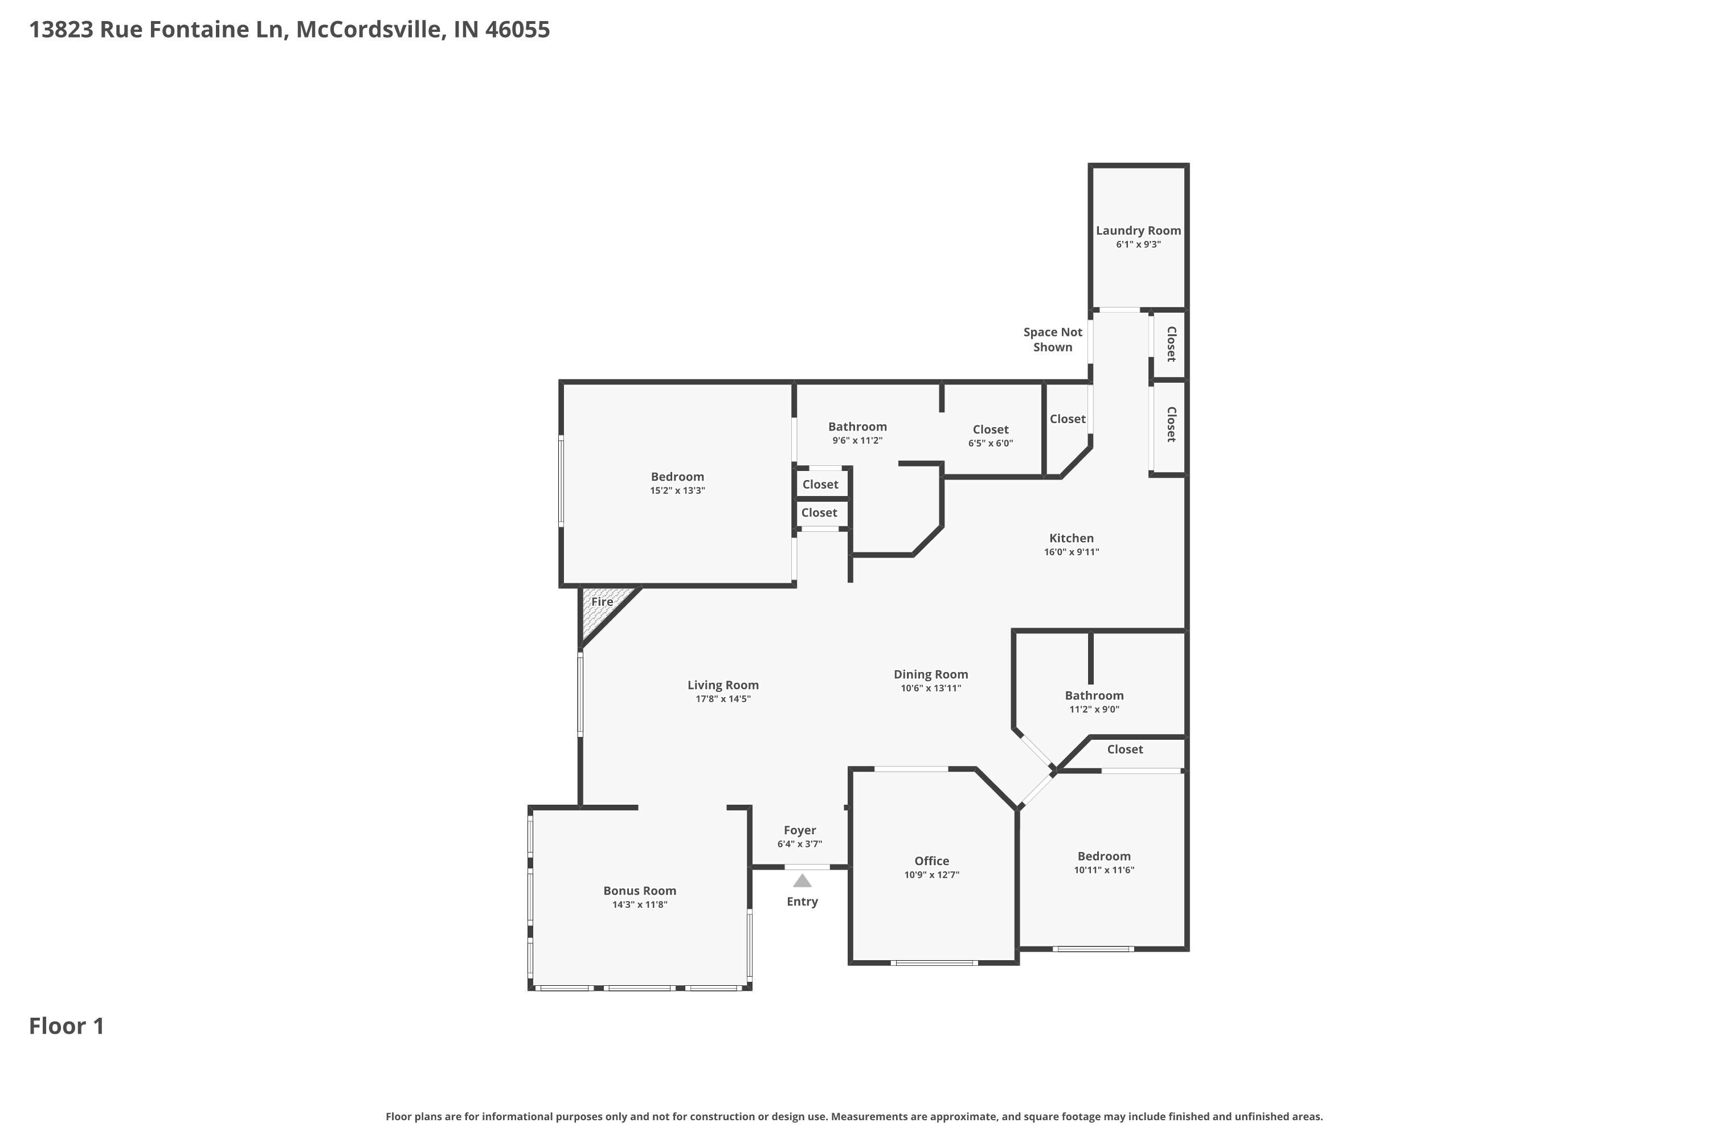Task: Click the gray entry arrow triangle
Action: click(802, 881)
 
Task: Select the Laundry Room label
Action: click(1138, 230)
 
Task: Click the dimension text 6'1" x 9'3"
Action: click(1138, 245)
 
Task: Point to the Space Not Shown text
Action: click(1052, 339)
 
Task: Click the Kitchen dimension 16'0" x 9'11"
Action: click(1071, 552)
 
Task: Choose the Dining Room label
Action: click(930, 674)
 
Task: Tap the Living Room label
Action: click(722, 685)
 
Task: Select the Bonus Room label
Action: click(639, 891)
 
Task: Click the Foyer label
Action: click(799, 830)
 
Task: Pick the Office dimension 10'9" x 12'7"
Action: click(931, 875)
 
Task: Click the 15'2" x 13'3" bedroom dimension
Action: click(677, 491)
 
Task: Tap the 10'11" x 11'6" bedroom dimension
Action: click(1104, 870)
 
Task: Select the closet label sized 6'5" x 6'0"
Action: click(991, 429)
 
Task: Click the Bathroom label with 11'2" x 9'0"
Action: click(1094, 696)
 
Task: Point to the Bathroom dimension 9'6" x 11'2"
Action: click(857, 441)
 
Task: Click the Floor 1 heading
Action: click(66, 1026)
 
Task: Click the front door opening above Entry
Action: click(807, 867)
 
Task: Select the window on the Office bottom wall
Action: click(934, 963)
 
